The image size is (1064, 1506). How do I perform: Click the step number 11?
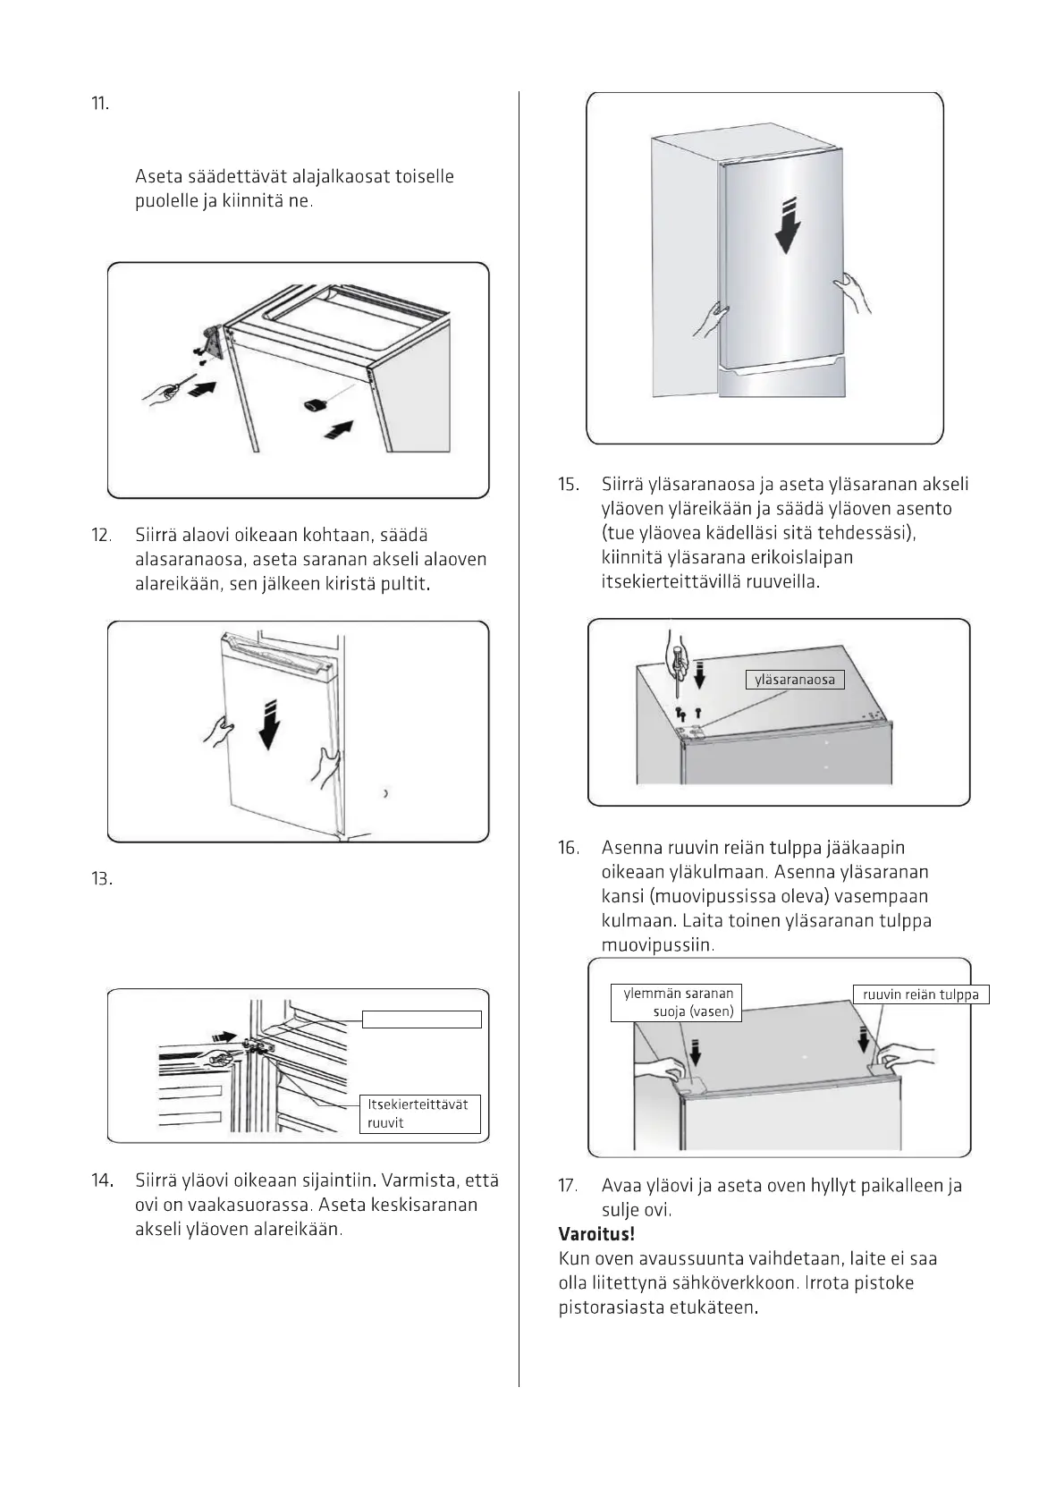point(100,104)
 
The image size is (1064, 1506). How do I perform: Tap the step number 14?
point(102,1180)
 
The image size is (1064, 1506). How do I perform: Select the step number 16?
point(569,848)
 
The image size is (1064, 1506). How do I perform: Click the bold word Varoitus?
point(596,1235)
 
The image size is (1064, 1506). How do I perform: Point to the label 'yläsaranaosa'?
point(794,680)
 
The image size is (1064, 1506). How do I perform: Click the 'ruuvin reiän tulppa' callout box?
point(920,994)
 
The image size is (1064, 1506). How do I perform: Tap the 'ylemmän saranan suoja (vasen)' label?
point(678,1003)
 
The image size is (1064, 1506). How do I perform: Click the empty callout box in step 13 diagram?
point(421,1020)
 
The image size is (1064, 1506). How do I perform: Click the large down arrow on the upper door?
point(787,228)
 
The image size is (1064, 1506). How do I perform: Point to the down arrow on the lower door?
point(267,726)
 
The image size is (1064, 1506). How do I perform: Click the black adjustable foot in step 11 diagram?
point(316,405)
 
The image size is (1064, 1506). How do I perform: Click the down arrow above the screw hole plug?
point(864,1041)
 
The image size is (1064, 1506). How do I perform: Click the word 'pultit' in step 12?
point(407,585)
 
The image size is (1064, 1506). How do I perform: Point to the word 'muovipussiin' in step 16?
point(657,945)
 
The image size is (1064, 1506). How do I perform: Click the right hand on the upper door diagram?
point(855,291)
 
